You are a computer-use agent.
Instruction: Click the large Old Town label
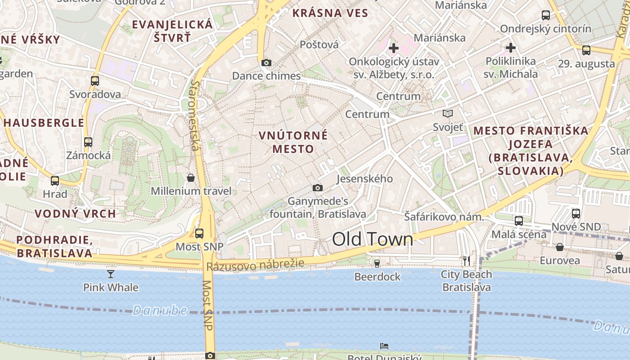click(x=372, y=239)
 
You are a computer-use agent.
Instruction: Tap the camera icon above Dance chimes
click(x=266, y=63)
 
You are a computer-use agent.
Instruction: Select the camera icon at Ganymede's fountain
click(x=317, y=188)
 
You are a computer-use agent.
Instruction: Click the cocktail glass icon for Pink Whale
click(x=110, y=274)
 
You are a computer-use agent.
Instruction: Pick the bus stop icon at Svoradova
click(x=94, y=81)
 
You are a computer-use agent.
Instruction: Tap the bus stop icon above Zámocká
click(x=88, y=142)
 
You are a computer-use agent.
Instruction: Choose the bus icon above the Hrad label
click(x=55, y=181)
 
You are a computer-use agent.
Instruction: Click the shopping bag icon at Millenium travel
click(x=191, y=178)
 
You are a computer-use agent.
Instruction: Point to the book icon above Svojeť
click(x=447, y=114)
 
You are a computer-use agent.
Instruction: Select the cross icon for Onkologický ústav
click(x=393, y=48)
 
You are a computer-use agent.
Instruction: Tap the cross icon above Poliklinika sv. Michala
click(x=510, y=47)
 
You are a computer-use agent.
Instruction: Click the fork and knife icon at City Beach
click(x=466, y=261)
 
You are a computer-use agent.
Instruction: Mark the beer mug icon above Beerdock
click(x=377, y=263)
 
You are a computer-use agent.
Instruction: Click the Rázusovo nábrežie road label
click(x=255, y=265)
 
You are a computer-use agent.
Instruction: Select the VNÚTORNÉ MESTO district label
click(x=293, y=142)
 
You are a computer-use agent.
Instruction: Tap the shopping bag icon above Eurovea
click(x=559, y=247)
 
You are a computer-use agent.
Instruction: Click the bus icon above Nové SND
click(x=576, y=213)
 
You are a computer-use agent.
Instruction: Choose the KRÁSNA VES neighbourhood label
click(x=330, y=13)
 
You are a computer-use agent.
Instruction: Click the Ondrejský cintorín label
click(x=545, y=29)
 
